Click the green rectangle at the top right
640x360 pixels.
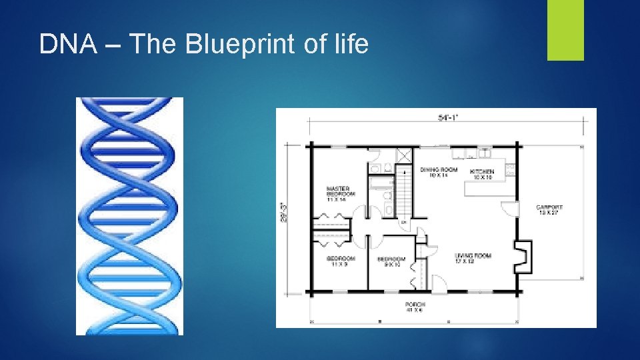point(565,30)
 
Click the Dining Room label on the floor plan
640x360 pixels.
point(438,173)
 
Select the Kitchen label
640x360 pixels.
point(482,175)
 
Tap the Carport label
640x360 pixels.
point(549,210)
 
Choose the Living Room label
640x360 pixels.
point(473,259)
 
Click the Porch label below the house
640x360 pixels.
point(415,307)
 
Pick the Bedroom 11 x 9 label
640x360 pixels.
point(341,261)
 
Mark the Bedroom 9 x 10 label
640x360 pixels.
point(391,261)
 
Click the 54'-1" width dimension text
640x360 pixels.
point(447,117)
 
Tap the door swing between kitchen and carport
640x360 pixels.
point(511,208)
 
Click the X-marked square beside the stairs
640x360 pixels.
point(405,155)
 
